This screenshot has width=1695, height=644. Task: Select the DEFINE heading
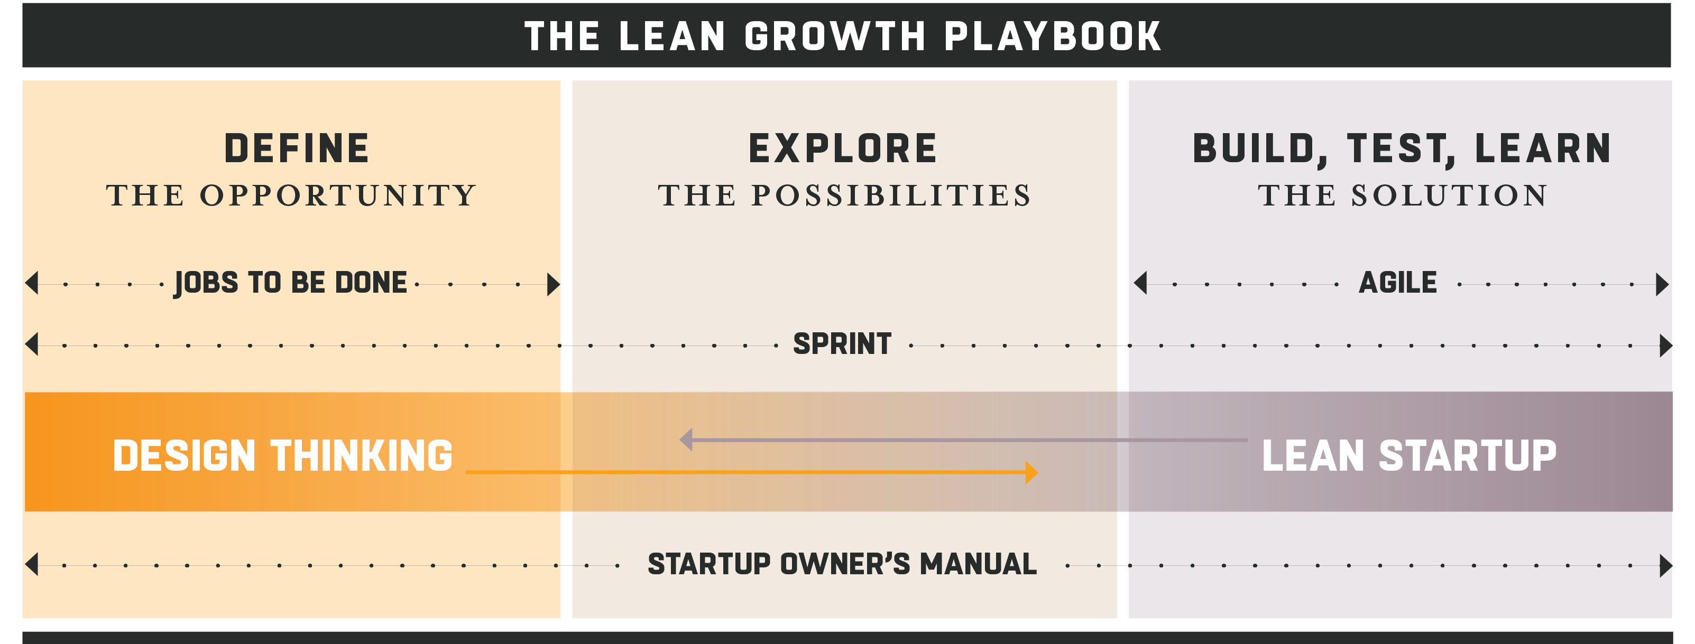pos(297,148)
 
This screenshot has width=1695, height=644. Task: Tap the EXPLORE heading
pos(843,148)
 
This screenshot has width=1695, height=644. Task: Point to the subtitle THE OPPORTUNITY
pos(291,195)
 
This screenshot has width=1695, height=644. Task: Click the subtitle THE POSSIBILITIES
pos(845,195)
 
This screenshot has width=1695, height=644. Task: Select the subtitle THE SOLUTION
pos(1403,195)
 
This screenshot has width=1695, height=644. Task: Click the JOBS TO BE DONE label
pos(290,283)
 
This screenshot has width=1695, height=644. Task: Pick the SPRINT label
pos(842,344)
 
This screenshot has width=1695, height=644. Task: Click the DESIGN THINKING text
pos(283,456)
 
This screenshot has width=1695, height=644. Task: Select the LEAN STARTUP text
pos(1410,456)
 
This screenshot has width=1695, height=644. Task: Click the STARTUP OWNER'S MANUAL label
pos(842,564)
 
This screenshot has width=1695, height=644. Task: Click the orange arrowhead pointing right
pos(1031,472)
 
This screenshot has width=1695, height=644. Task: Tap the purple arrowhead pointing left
pos(686,440)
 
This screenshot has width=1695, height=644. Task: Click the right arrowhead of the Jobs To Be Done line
pos(554,284)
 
